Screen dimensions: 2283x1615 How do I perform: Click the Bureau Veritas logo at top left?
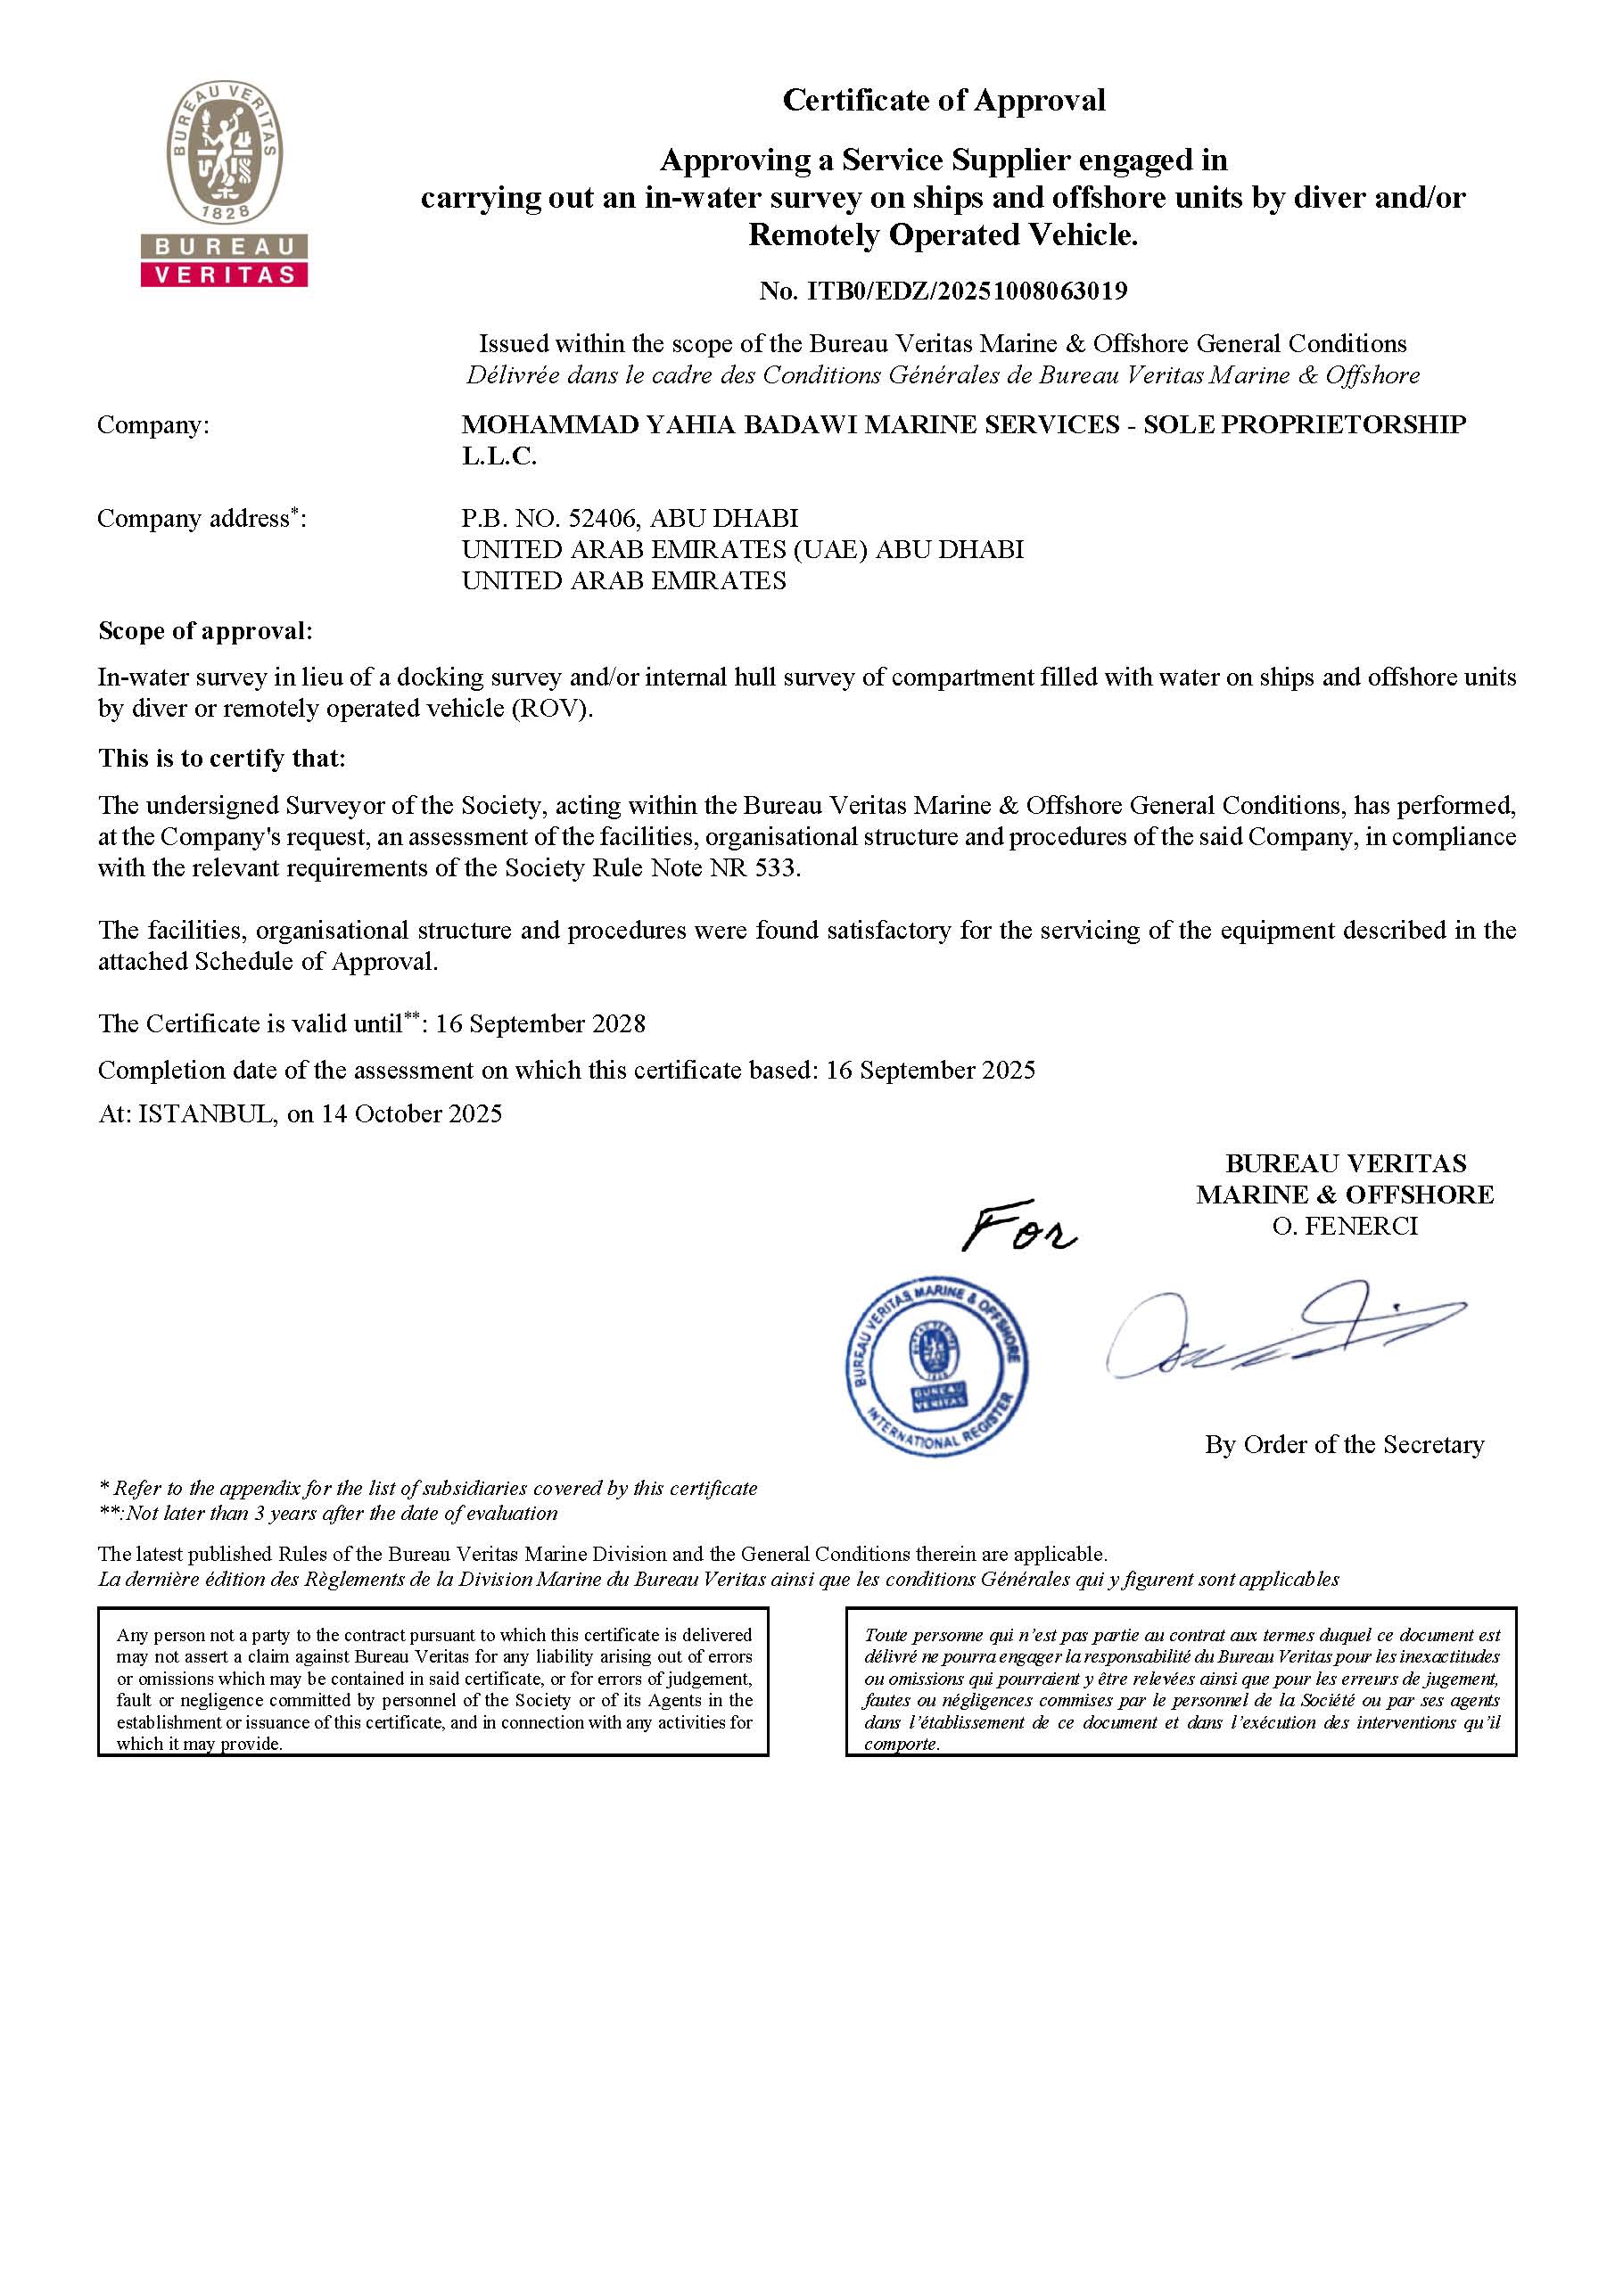coord(224,185)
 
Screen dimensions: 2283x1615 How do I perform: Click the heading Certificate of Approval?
coord(943,101)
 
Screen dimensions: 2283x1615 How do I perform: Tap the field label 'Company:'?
coord(153,425)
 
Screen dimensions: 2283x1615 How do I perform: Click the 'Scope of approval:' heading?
coord(205,631)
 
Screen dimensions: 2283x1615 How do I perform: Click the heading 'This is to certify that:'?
coord(222,759)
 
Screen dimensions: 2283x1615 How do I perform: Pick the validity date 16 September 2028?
coord(540,1024)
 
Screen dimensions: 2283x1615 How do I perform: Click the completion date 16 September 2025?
coord(930,1071)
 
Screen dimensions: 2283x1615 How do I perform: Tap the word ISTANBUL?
coord(206,1114)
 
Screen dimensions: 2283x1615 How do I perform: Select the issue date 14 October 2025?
coord(411,1114)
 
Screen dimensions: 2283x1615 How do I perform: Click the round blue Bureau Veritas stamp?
coord(935,1368)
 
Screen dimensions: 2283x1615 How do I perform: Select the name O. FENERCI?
coord(1345,1227)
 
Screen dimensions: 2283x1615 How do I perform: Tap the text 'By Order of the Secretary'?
coord(1344,1445)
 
